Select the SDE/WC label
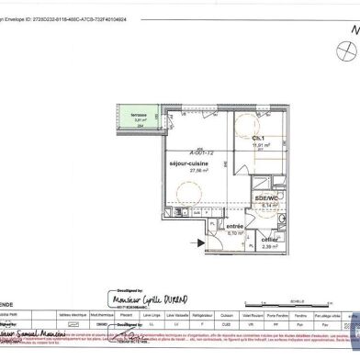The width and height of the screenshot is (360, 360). [x=265, y=198]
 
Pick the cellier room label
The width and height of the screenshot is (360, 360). [x=270, y=240]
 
